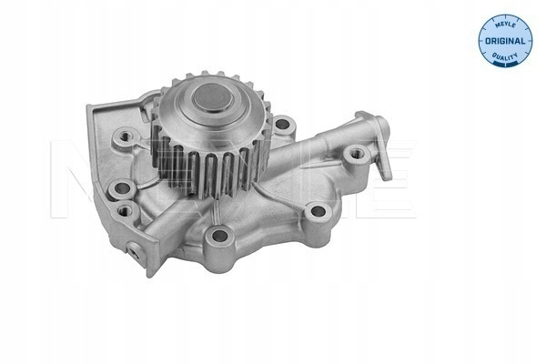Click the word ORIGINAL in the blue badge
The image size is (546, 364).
click(505, 41)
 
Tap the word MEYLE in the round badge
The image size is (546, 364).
click(505, 24)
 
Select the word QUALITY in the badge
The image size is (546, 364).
click(505, 56)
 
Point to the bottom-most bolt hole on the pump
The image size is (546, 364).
click(219, 236)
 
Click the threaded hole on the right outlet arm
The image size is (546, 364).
click(356, 153)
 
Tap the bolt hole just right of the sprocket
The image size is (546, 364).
click(282, 125)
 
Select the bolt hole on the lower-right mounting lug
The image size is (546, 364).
click(318, 211)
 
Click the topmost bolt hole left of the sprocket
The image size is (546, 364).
click(124, 136)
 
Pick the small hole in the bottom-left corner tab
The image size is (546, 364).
click(135, 254)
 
